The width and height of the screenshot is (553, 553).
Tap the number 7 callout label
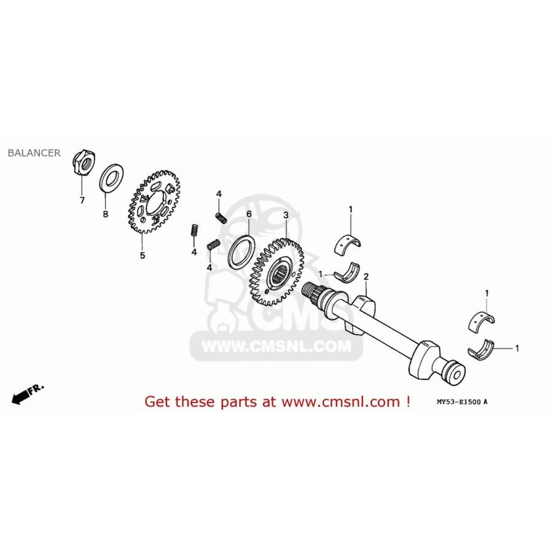(x=82, y=201)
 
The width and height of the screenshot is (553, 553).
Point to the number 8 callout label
(x=105, y=214)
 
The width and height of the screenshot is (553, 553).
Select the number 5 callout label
(x=142, y=255)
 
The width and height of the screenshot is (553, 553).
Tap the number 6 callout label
(x=249, y=214)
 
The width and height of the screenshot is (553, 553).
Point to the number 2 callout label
(x=366, y=277)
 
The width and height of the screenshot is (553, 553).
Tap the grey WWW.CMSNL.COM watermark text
(x=273, y=347)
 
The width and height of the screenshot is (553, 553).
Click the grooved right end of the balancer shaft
(x=455, y=371)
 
